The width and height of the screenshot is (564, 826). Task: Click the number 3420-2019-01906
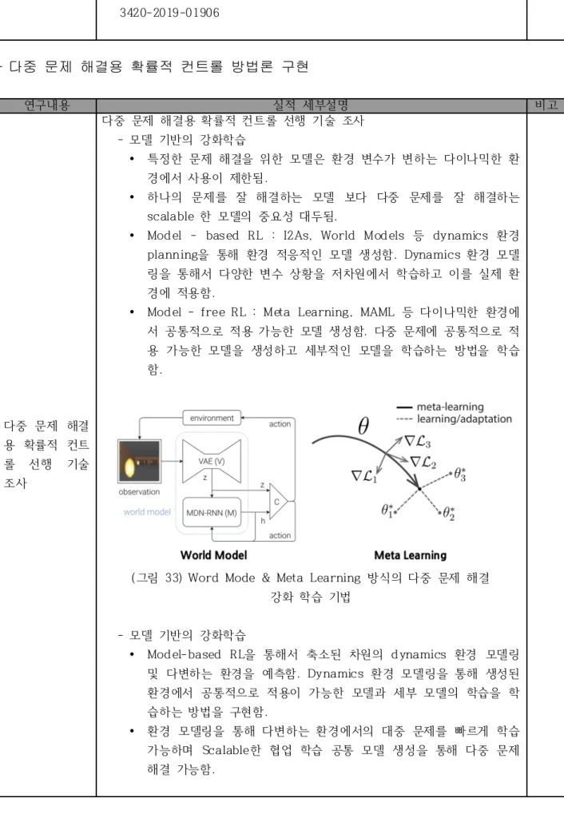click(x=169, y=13)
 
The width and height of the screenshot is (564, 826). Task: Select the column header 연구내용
click(x=47, y=105)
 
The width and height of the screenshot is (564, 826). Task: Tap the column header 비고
click(x=546, y=105)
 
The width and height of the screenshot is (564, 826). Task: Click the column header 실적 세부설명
click(x=311, y=105)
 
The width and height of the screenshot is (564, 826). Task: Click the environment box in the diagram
click(x=212, y=418)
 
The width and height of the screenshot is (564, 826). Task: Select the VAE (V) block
click(x=211, y=461)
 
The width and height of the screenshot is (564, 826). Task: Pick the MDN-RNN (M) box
click(x=212, y=513)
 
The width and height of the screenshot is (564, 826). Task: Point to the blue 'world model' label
click(x=147, y=511)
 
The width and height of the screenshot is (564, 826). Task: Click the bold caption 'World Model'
click(x=213, y=555)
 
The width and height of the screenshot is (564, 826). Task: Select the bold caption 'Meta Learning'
click(x=411, y=555)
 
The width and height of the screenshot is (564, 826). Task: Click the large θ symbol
click(x=363, y=426)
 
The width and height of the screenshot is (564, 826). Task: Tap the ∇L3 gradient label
click(x=417, y=442)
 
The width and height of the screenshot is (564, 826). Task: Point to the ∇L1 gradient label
click(x=364, y=476)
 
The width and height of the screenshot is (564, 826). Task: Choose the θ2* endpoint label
click(x=449, y=513)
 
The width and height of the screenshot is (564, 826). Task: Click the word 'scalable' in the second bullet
click(x=171, y=216)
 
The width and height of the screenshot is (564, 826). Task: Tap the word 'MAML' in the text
click(x=377, y=312)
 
